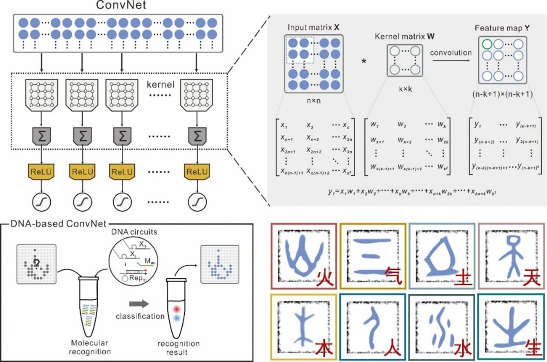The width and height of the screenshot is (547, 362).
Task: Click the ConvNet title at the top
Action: [x=121, y=5]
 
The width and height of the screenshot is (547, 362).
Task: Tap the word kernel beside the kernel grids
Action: [x=160, y=85]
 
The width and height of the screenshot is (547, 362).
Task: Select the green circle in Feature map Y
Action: [x=487, y=44]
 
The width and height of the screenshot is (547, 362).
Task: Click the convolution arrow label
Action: [x=451, y=53]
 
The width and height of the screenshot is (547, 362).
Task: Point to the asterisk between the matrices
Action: [x=364, y=61]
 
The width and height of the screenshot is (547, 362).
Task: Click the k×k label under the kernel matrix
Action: [x=405, y=89]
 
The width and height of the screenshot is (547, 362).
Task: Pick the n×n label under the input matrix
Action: [x=313, y=101]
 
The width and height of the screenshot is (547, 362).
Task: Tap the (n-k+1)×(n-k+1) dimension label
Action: [x=502, y=94]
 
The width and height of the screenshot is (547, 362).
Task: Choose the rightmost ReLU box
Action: [x=197, y=172]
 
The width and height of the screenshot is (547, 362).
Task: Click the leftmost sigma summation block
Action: [x=42, y=136]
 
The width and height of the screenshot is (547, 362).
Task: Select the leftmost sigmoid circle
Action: [x=42, y=202]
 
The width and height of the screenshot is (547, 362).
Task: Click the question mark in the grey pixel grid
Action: [x=36, y=263]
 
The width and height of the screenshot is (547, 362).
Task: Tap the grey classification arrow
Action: [x=139, y=303]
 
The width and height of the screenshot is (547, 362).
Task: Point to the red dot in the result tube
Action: [x=177, y=309]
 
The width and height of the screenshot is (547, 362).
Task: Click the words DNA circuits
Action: [x=134, y=232]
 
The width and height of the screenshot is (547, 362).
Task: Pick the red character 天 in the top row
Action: [x=532, y=278]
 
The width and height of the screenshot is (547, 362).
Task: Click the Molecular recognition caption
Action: [x=90, y=347]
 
